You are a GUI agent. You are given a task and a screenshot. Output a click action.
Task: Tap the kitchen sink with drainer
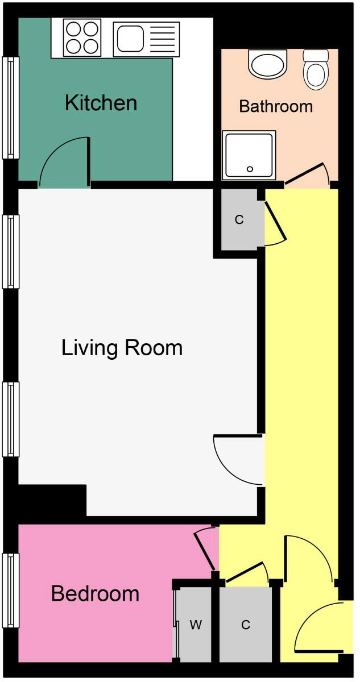tap(146, 39)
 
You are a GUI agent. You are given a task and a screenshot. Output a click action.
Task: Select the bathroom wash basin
tap(267, 64)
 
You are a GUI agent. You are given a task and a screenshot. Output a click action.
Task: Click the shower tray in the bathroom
tap(249, 155)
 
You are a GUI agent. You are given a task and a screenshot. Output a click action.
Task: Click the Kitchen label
tap(101, 103)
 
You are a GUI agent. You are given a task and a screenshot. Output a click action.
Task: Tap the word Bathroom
tap(276, 106)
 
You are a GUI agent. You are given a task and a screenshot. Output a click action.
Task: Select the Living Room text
tap(122, 347)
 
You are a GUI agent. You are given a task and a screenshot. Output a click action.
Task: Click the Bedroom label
tap(95, 593)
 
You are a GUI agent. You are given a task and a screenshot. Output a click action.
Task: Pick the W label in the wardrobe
tap(196, 625)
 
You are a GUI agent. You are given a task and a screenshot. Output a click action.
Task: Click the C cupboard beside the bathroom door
tap(239, 220)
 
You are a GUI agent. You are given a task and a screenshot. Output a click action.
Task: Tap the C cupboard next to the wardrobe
tap(246, 625)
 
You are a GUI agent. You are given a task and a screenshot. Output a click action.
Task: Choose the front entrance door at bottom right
tap(318, 628)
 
